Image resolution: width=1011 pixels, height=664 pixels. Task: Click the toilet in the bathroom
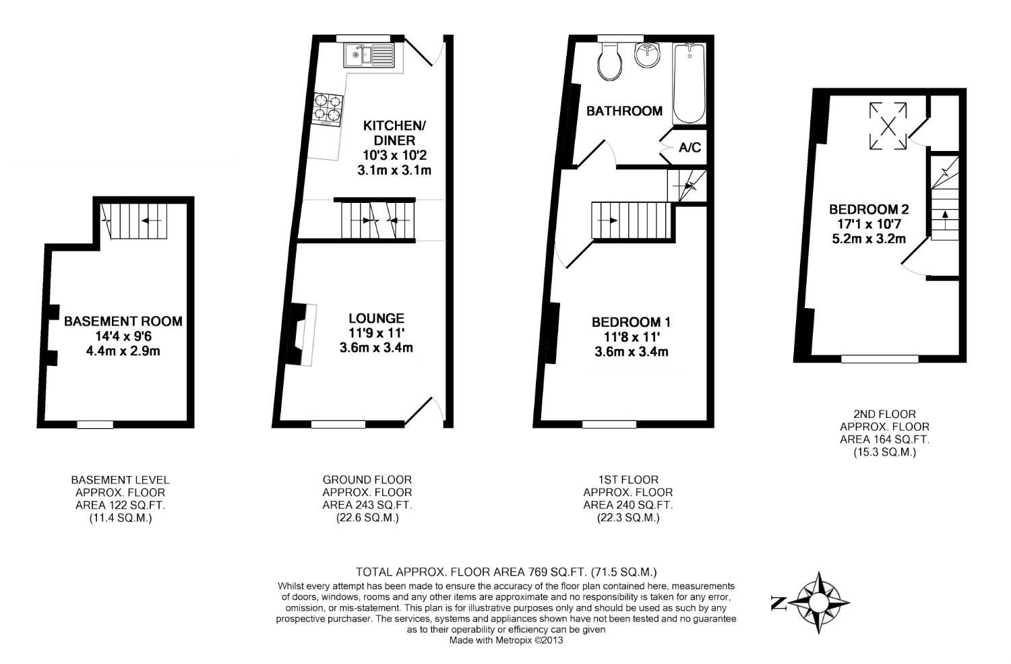click(611, 62)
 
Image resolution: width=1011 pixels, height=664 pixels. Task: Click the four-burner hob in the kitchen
click(328, 109)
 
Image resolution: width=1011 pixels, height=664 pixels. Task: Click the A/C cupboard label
click(690, 148)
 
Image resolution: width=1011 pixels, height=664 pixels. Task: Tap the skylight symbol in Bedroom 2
click(888, 126)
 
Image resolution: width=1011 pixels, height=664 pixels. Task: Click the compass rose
click(819, 602)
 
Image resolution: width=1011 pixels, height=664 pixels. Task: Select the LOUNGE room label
click(376, 318)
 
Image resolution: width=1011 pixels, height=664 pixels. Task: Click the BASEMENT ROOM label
click(123, 322)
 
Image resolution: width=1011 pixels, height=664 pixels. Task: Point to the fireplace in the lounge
click(303, 335)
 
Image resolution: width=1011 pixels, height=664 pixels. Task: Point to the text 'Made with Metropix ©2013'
click(506, 640)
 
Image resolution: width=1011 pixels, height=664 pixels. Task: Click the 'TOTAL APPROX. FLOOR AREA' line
click(506, 571)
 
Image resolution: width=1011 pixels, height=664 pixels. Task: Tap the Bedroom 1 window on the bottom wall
click(609, 425)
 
